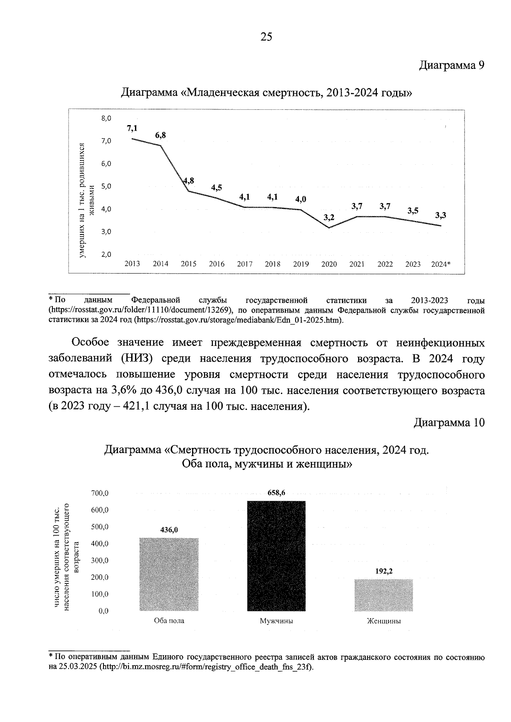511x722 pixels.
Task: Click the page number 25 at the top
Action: click(266, 37)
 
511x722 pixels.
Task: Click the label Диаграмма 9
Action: click(452, 66)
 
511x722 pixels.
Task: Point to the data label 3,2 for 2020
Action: click(329, 217)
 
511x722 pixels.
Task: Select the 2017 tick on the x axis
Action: click(244, 264)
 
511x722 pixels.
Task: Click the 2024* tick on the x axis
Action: click(441, 264)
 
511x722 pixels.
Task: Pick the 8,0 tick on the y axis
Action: click(106, 118)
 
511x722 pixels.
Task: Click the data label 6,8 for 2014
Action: click(161, 135)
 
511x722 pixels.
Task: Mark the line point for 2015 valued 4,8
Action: click(189, 191)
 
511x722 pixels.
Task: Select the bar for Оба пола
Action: click(169, 574)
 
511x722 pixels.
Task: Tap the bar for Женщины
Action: click(384, 595)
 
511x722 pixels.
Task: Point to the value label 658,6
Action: click(276, 493)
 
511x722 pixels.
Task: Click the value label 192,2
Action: click(384, 572)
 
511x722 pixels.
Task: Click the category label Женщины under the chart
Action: click(384, 621)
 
